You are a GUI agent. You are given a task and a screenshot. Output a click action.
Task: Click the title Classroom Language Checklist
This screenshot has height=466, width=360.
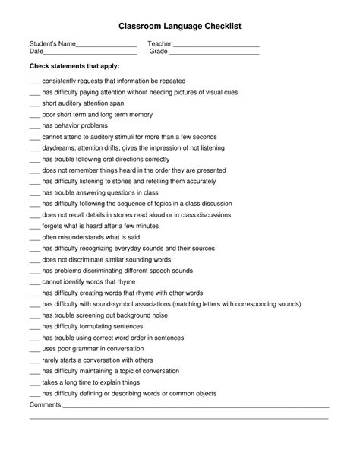coord(179,26)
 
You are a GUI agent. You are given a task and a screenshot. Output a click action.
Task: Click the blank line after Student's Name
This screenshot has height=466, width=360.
coord(106,46)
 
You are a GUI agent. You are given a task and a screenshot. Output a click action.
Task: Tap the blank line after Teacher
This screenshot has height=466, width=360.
coord(217,46)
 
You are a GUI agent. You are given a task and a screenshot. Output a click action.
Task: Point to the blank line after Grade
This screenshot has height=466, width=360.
coord(214,53)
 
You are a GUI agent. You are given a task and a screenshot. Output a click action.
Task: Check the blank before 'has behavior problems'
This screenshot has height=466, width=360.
coord(34,125)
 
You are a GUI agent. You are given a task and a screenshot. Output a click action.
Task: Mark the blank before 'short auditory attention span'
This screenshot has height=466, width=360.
coord(34,103)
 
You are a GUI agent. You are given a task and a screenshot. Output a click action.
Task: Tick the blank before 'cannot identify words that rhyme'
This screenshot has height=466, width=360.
coord(34,281)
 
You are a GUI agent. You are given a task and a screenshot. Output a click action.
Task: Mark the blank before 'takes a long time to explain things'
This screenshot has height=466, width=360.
coord(34,382)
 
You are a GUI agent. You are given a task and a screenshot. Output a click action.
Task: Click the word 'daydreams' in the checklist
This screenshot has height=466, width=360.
coord(58,147)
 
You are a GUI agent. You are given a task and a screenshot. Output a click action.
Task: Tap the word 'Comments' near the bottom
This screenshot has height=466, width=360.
coord(45,404)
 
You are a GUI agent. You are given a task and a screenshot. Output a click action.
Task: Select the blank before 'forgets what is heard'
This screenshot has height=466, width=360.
coord(34,226)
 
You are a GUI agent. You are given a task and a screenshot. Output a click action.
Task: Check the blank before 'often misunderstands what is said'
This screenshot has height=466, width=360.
coord(34,237)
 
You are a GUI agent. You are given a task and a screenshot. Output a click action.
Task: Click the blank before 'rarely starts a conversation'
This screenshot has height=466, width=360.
coord(34,360)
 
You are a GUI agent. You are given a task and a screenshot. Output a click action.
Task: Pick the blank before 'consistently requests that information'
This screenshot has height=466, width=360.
coord(34,81)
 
